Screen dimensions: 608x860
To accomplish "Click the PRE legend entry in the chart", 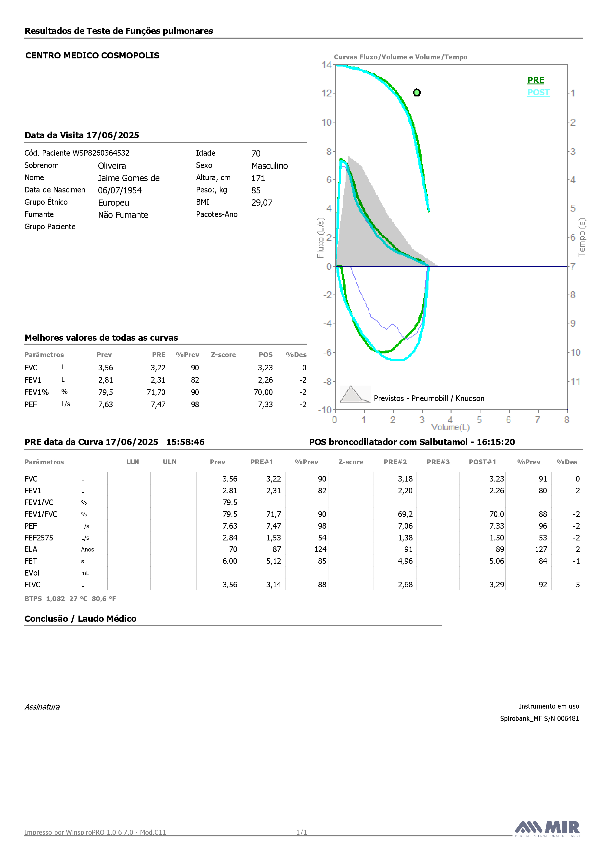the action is coord(536,80).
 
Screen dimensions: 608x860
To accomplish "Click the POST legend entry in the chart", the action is coord(538,93).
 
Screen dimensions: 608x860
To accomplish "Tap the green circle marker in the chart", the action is coord(417,93).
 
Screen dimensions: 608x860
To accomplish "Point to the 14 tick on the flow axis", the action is coord(326,65).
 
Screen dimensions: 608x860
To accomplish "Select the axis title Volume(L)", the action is coord(450,427).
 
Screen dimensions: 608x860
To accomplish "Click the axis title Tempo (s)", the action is coord(582,238).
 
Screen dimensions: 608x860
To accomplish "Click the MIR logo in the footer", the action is coord(547,829).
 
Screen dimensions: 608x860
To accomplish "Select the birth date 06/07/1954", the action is coord(120,190).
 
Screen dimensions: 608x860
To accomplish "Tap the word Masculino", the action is coord(270,166).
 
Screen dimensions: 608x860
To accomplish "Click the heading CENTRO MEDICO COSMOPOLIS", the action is coord(92,55).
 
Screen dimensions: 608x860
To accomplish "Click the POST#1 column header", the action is coord(483,462).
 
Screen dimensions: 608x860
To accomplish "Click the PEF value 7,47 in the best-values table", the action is coord(158,404).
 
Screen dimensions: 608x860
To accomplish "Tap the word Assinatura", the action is coord(42,707).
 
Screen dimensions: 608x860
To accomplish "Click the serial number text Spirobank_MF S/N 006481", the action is coord(540,718).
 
